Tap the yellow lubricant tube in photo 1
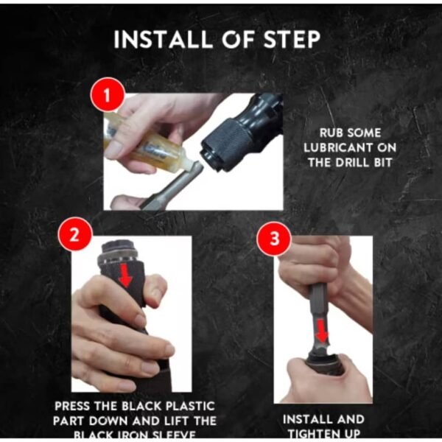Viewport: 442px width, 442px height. click(147, 140)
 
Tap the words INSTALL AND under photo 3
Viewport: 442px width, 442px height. click(323, 418)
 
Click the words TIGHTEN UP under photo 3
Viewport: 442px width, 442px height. click(323, 432)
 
